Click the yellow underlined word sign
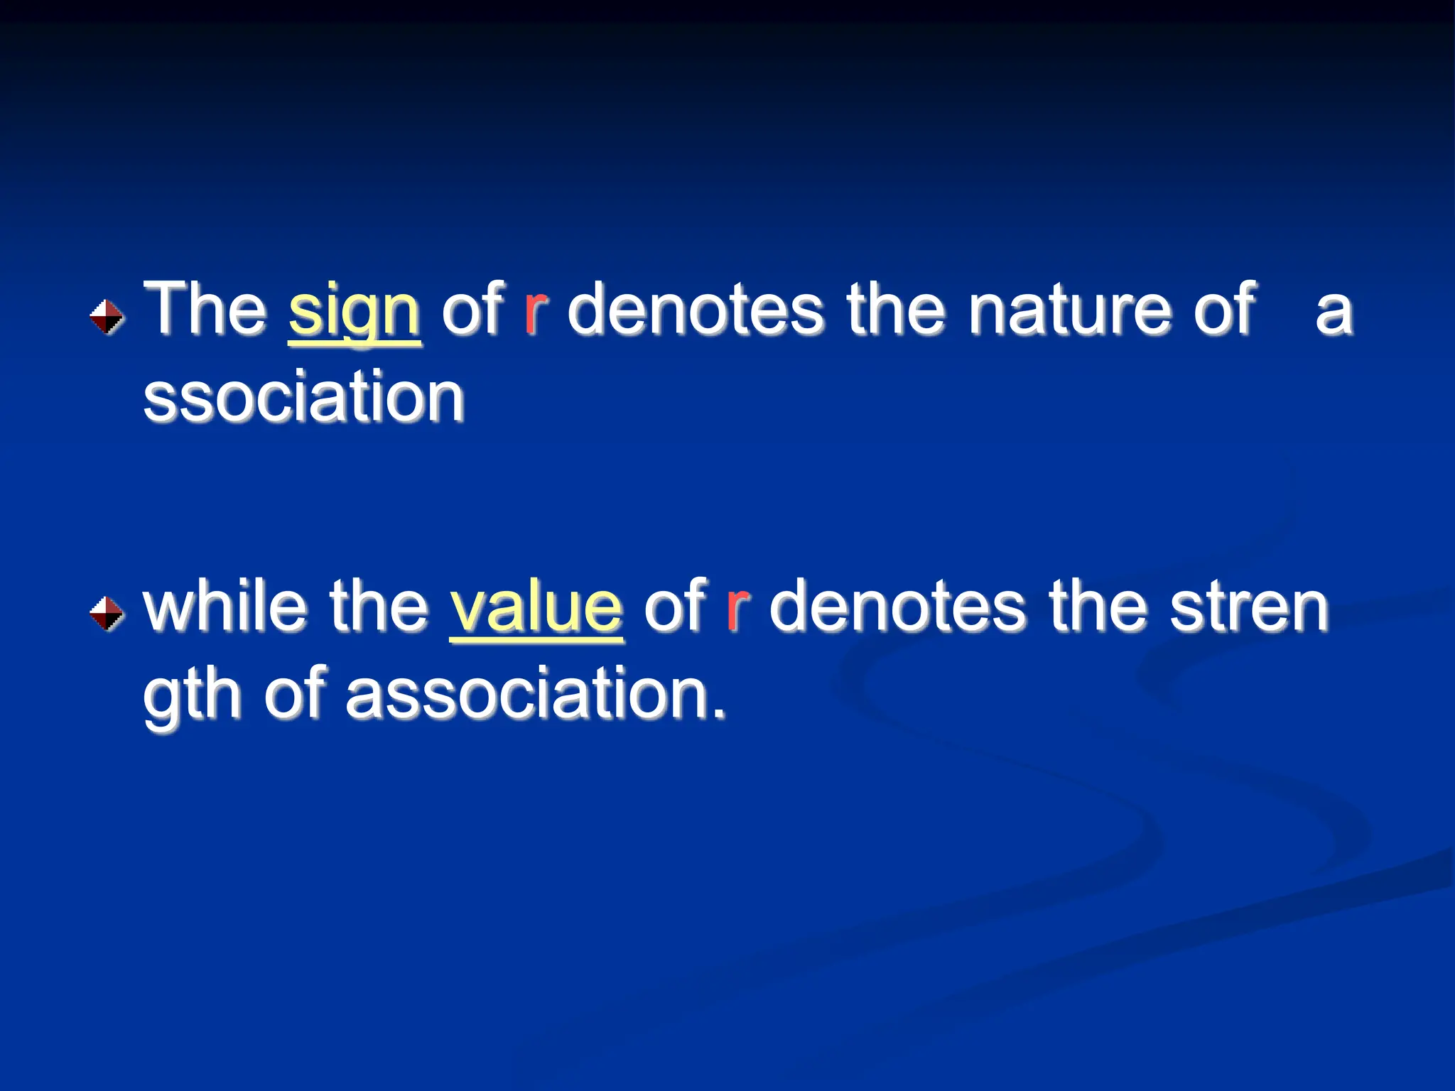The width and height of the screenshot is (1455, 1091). pos(355,313)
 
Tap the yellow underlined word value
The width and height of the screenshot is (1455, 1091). pos(536,609)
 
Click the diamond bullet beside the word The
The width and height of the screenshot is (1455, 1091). pos(107,316)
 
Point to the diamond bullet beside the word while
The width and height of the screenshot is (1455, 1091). pos(107,613)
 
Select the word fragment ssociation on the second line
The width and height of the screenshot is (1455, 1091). pos(304,397)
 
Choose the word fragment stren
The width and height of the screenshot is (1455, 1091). pos(1248,608)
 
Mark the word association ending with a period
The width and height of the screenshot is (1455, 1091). pos(536,695)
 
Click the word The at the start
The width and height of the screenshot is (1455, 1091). pos(205,310)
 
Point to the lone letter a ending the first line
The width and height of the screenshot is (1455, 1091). pos(1334,313)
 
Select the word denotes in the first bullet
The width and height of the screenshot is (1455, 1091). pos(696,310)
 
